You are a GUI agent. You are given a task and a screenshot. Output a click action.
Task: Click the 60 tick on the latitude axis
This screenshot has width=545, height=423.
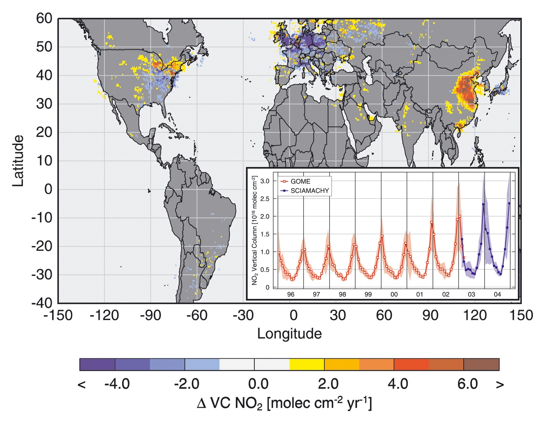44,18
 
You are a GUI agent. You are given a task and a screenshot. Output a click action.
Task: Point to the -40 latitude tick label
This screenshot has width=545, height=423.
42,303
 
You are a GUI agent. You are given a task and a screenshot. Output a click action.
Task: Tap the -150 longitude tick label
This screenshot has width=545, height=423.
58,316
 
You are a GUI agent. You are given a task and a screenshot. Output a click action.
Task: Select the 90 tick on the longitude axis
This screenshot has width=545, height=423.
430,316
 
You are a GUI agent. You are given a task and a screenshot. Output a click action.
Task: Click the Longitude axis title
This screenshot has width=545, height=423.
289,334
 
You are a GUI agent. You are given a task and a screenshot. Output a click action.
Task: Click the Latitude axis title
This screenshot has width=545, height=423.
18,161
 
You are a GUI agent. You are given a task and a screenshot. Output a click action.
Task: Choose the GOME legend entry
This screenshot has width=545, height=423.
300,181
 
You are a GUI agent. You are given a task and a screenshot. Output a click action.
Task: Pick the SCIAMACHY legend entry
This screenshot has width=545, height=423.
309,191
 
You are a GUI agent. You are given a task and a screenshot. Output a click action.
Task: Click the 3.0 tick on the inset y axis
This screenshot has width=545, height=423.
265,181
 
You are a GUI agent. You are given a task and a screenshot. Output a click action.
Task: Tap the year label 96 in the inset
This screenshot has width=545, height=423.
291,294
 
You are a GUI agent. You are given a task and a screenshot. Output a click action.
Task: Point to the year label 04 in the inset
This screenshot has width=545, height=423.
497,294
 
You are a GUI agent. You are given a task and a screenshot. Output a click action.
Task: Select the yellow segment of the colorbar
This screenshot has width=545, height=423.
307,364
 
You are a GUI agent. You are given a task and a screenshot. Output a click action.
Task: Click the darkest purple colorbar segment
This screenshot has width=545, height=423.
97,364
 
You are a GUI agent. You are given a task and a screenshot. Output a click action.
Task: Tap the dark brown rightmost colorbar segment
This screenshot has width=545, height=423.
481,364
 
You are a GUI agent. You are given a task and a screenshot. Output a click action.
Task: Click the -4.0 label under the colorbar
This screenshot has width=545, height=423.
117,384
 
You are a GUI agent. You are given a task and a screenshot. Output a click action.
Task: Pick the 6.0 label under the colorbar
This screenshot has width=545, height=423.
468,384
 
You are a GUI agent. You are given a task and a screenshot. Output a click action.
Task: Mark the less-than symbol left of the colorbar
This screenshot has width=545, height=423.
82,385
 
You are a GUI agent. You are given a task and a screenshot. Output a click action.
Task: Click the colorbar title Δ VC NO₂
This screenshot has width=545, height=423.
284,404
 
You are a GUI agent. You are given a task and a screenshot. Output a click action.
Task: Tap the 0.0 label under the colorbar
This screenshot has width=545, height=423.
258,384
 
